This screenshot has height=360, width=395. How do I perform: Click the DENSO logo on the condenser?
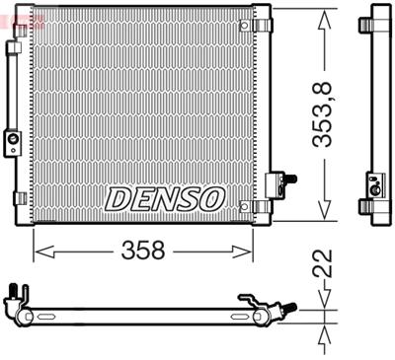[164, 198]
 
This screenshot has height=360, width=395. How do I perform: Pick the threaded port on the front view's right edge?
[288, 179]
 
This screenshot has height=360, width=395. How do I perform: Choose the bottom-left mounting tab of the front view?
[19, 197]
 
